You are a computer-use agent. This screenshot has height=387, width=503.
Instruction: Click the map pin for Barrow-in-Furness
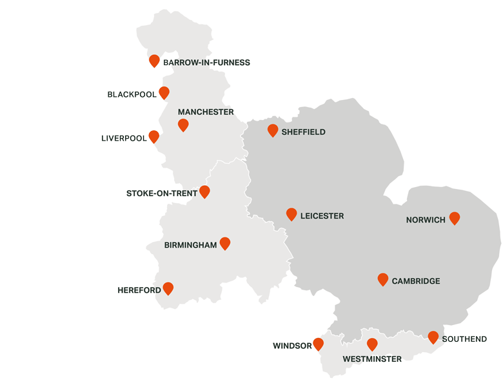pos(154,61)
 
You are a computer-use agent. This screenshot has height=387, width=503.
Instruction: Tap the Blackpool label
pos(132,95)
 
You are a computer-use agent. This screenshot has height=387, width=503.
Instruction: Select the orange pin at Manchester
pos(183,124)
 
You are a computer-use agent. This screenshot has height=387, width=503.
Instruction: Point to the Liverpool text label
pos(124,139)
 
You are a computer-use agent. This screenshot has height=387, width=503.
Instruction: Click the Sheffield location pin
pos(273,130)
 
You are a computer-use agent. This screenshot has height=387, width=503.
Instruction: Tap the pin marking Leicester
pos(291,214)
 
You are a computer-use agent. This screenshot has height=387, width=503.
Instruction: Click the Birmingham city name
pos(190,245)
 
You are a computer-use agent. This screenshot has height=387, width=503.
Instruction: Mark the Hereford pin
pos(168,288)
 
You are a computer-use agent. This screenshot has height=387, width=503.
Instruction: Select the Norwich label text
pos(426,220)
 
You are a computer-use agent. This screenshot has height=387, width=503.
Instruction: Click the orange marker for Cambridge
pos(383,279)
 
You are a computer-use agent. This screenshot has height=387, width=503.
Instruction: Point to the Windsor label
pos(292,346)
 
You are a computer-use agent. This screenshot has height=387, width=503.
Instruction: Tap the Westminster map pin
pos(372,344)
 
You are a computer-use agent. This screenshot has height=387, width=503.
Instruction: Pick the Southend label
pos(464,339)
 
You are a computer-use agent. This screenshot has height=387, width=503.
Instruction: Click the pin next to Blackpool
pos(164,93)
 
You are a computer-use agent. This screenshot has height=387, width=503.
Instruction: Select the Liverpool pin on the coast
pos(154,136)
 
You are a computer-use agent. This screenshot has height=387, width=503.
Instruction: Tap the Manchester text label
pos(206,112)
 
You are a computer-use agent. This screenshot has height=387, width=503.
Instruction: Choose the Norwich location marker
pos(455,218)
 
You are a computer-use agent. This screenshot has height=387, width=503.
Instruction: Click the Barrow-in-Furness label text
pos(206,63)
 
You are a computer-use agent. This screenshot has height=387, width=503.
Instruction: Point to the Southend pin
pos(433,337)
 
